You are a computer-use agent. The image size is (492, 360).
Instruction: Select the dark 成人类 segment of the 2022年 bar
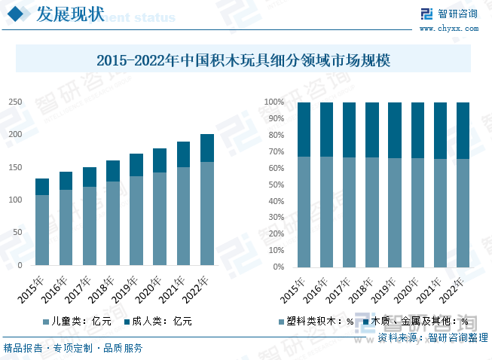(206, 148)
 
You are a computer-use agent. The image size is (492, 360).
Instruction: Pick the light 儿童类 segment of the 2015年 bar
(42, 230)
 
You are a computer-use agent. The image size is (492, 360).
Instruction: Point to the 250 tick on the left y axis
(14, 102)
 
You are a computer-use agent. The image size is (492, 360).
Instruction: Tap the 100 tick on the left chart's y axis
(14, 200)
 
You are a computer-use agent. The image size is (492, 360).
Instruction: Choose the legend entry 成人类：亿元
(161, 321)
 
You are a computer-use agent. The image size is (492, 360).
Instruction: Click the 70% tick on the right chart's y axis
(274, 151)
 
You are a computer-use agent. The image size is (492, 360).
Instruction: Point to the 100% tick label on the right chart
(273, 102)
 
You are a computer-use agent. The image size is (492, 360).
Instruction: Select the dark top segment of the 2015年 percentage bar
(304, 129)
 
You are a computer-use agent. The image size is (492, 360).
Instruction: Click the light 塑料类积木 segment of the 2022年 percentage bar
(463, 212)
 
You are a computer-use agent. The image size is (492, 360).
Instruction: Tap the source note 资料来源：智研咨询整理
(432, 338)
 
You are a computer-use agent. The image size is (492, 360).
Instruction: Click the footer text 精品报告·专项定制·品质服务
(73, 348)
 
